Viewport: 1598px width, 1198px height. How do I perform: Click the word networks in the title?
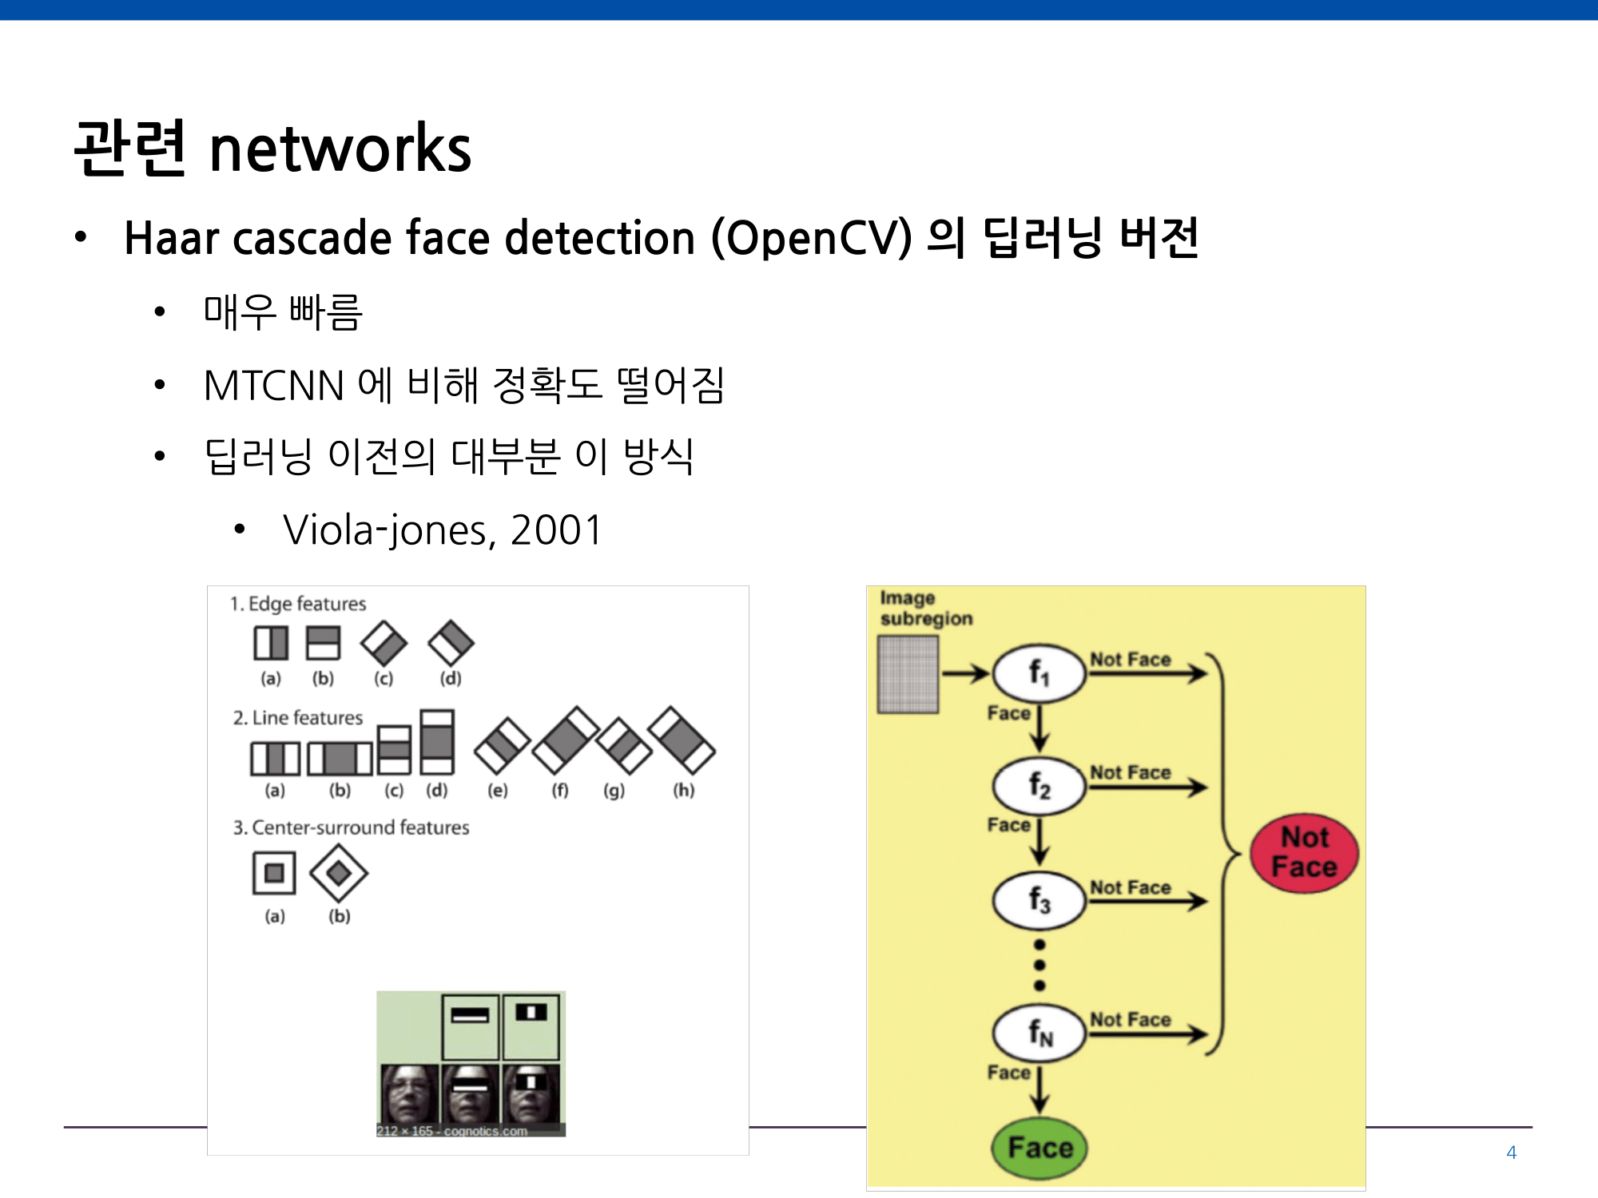(x=340, y=149)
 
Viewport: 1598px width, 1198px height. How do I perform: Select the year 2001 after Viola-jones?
(x=556, y=530)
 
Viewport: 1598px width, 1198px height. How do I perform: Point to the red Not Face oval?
(x=1304, y=853)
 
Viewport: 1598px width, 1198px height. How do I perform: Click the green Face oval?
(x=1039, y=1148)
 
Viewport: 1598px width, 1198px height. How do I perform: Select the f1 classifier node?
(x=1039, y=673)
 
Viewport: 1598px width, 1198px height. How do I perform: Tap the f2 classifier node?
(x=1039, y=786)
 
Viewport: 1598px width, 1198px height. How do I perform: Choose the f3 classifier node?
(x=1039, y=900)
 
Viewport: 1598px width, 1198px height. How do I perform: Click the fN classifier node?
(x=1039, y=1033)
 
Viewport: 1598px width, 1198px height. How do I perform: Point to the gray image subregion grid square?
(x=908, y=674)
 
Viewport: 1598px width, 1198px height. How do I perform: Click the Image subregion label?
(x=926, y=609)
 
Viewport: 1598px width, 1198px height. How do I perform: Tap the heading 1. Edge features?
(x=298, y=604)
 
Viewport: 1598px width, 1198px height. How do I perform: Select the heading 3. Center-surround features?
(x=351, y=827)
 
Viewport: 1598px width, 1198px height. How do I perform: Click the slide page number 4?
(x=1511, y=1152)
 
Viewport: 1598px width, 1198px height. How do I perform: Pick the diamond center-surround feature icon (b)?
(x=339, y=873)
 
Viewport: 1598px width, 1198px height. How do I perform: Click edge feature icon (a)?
(x=271, y=643)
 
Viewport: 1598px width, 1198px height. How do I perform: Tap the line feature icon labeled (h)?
(x=682, y=740)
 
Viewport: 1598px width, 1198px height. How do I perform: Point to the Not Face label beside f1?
(x=1131, y=660)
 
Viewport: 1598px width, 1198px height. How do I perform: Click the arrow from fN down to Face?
(x=1039, y=1089)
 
